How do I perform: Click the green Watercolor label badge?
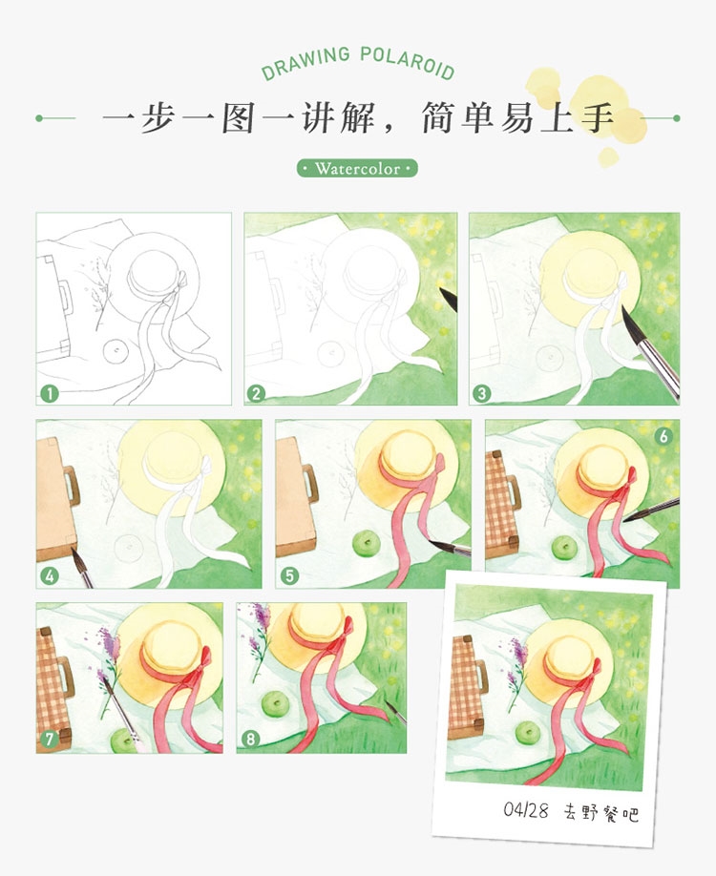click(357, 169)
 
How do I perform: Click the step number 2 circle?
click(256, 392)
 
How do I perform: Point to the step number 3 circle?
click(481, 392)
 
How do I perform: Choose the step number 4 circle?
click(49, 575)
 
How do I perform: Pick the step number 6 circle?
click(664, 435)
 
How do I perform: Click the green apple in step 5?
click(363, 545)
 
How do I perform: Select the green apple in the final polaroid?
click(526, 732)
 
